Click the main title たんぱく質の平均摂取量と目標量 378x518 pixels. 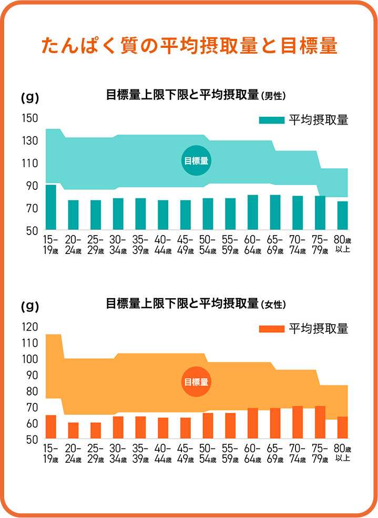(x=189, y=46)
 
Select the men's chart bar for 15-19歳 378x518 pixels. (x=51, y=207)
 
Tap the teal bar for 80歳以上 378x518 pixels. (x=343, y=216)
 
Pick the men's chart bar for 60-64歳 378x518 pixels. (x=253, y=212)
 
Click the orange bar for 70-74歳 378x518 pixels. (x=298, y=422)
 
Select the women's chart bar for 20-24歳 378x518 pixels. (x=73, y=430)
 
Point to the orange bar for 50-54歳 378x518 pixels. (x=208, y=425)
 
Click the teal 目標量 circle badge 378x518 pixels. (x=196, y=161)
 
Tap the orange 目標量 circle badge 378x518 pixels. (x=196, y=382)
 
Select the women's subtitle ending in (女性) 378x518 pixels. (x=196, y=303)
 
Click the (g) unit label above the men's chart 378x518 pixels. (x=29, y=97)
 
